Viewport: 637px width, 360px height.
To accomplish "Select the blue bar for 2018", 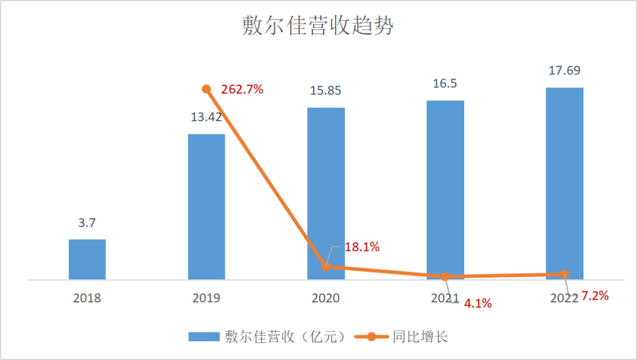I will point(87,259).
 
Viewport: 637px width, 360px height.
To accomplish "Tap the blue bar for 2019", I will point(206,207).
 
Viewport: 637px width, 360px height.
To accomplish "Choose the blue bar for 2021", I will point(445,189).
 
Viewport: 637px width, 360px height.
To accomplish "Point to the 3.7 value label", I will point(87,223).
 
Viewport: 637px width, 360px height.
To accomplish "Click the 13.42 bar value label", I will point(206,116).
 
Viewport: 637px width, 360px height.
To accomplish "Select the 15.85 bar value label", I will point(326,91).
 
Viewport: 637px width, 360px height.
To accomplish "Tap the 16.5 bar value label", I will point(445,84).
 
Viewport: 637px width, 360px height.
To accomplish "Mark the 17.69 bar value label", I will point(564,71).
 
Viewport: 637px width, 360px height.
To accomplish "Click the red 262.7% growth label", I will point(242,90).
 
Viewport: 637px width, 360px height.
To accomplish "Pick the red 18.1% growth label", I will point(362,247).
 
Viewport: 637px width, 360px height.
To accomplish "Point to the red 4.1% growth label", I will point(477,305).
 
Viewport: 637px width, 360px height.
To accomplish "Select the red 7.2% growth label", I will point(594,295).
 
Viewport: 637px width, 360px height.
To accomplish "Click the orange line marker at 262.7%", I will point(206,89).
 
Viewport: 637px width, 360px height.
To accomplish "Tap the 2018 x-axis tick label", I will point(87,298).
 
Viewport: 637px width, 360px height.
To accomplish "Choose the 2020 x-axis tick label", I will point(326,298).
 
